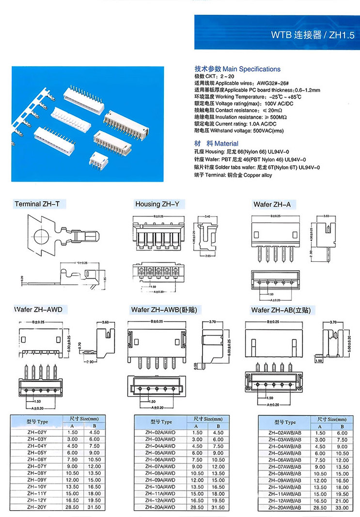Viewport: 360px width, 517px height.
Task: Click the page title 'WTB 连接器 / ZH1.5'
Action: (313, 35)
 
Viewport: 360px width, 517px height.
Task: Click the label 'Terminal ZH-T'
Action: (37, 204)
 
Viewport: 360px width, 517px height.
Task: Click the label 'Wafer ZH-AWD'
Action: (38, 309)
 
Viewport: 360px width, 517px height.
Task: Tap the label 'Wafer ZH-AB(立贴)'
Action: (281, 309)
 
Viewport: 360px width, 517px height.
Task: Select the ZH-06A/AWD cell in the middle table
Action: (160, 459)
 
